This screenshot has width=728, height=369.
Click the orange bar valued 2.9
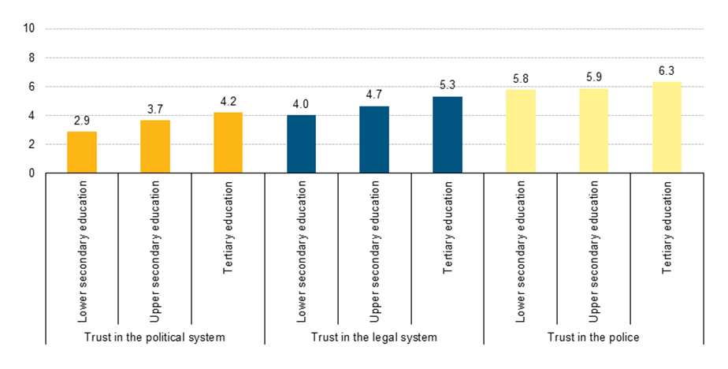click(82, 152)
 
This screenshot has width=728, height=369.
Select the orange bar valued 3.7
click(155, 147)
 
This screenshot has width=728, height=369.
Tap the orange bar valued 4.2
click(228, 143)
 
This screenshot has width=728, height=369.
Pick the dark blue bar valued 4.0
click(301, 144)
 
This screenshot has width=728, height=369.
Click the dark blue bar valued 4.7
click(374, 140)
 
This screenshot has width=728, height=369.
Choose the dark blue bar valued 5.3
click(448, 135)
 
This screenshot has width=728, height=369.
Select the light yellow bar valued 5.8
click(521, 132)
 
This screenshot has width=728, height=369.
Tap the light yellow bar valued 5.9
click(594, 131)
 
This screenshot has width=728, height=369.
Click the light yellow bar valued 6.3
click(667, 128)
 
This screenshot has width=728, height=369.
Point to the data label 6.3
click(667, 71)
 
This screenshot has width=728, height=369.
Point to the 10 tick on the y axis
click(30, 29)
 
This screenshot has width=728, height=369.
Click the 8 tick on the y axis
click(32, 58)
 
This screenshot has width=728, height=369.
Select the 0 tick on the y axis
click(32, 173)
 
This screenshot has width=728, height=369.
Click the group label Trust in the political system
click(154, 337)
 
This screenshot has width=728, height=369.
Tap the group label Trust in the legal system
click(374, 337)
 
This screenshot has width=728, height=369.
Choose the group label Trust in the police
click(593, 337)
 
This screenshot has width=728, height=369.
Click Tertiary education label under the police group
click(667, 229)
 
